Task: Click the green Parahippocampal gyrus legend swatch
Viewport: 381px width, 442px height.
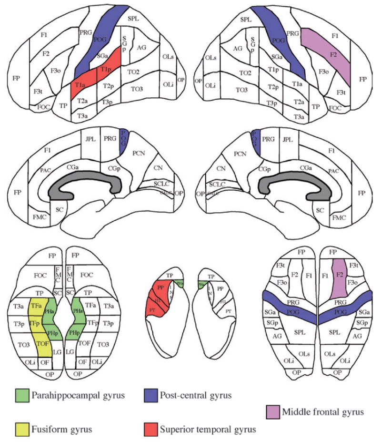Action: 22,395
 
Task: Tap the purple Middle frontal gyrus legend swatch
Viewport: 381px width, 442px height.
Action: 273,411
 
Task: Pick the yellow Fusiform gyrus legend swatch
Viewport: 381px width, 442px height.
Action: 22,429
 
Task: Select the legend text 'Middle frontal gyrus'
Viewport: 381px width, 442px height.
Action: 324,411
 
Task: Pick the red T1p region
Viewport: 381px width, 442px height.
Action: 106,70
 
